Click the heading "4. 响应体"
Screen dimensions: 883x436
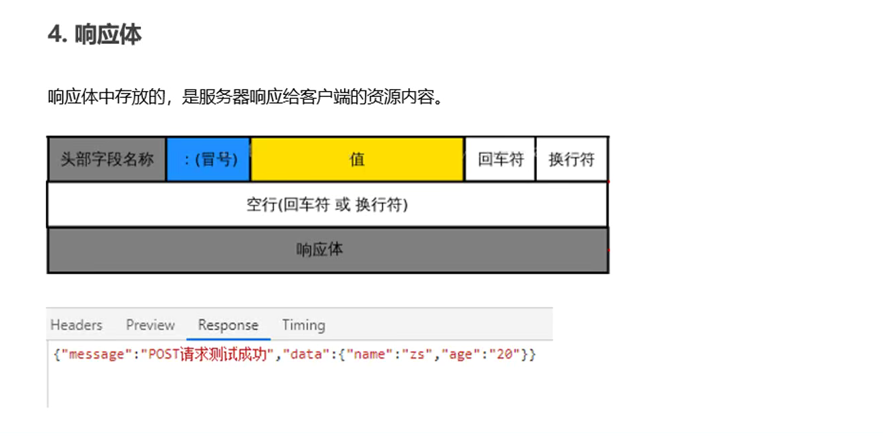pos(94,34)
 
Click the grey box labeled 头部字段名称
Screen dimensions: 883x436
pos(107,160)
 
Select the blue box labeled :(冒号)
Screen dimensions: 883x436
pos(208,160)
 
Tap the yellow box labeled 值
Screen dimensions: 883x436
pos(357,160)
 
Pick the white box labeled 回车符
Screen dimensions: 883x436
pos(500,160)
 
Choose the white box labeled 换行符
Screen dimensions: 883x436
pos(571,160)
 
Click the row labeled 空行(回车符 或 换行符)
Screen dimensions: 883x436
pos(327,205)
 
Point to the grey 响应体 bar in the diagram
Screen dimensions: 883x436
pos(327,250)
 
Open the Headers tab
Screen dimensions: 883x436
pos(76,325)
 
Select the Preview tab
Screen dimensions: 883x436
pos(150,325)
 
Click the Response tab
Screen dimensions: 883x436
pos(228,325)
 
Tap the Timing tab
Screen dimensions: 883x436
pos(304,325)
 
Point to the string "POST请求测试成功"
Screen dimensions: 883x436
pos(206,354)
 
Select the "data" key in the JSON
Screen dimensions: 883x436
pos(305,354)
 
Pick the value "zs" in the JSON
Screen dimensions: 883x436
pos(419,354)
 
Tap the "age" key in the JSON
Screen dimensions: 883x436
pos(460,354)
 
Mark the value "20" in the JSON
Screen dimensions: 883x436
pos(505,354)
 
